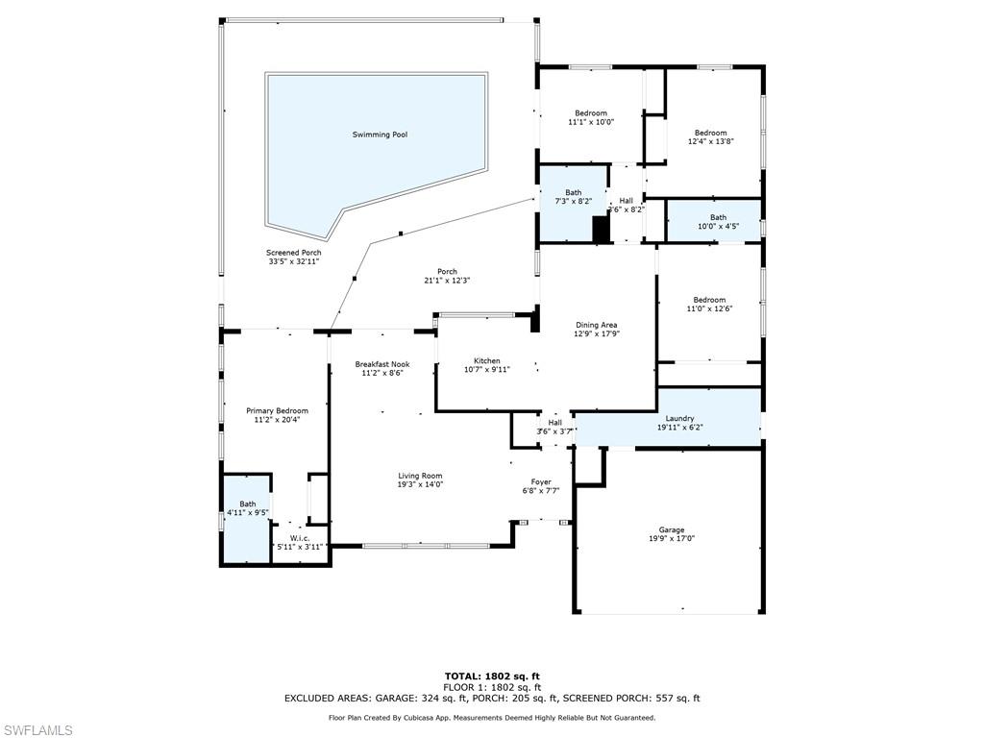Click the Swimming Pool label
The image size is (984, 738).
(x=379, y=135)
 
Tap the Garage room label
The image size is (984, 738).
(x=671, y=529)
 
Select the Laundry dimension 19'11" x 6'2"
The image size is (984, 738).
(x=679, y=429)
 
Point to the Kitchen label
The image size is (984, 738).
(x=486, y=360)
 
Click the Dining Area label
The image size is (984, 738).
(x=596, y=325)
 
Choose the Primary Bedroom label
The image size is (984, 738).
(x=277, y=410)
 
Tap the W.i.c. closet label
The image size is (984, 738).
(x=300, y=537)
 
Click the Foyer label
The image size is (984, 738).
(x=541, y=481)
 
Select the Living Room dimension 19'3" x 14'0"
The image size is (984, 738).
(x=420, y=485)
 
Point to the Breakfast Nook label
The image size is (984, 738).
(x=381, y=364)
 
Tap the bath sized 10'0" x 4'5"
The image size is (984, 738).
(x=718, y=222)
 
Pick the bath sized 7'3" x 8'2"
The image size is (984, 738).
(x=573, y=197)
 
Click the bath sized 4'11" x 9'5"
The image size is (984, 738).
(x=248, y=508)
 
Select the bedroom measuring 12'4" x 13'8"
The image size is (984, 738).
(x=710, y=136)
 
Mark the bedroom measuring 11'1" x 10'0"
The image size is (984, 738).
(x=591, y=117)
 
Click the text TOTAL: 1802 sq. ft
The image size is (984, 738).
(x=491, y=676)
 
